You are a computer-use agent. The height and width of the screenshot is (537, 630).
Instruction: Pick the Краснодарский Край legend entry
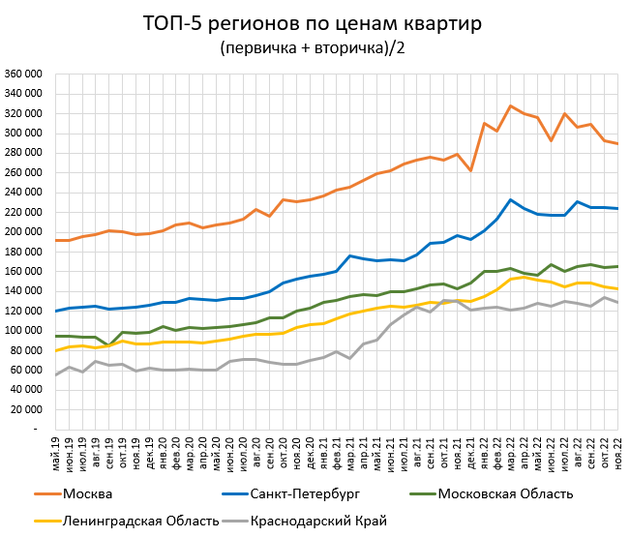pyautogui.click(x=318, y=521)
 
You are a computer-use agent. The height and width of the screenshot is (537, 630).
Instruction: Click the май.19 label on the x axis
pyautogui.click(x=56, y=453)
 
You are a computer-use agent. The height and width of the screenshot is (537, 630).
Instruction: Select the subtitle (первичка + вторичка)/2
pyautogui.click(x=314, y=47)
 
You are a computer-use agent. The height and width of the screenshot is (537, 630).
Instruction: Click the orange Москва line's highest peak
pyautogui.click(x=510, y=105)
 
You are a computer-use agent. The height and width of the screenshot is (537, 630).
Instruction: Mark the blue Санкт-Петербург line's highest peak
pyautogui.click(x=510, y=199)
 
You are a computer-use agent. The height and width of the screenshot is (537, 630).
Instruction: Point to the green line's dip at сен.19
pyautogui.click(x=109, y=345)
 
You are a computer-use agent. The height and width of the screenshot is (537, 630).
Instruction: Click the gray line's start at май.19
pyautogui.click(x=56, y=374)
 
